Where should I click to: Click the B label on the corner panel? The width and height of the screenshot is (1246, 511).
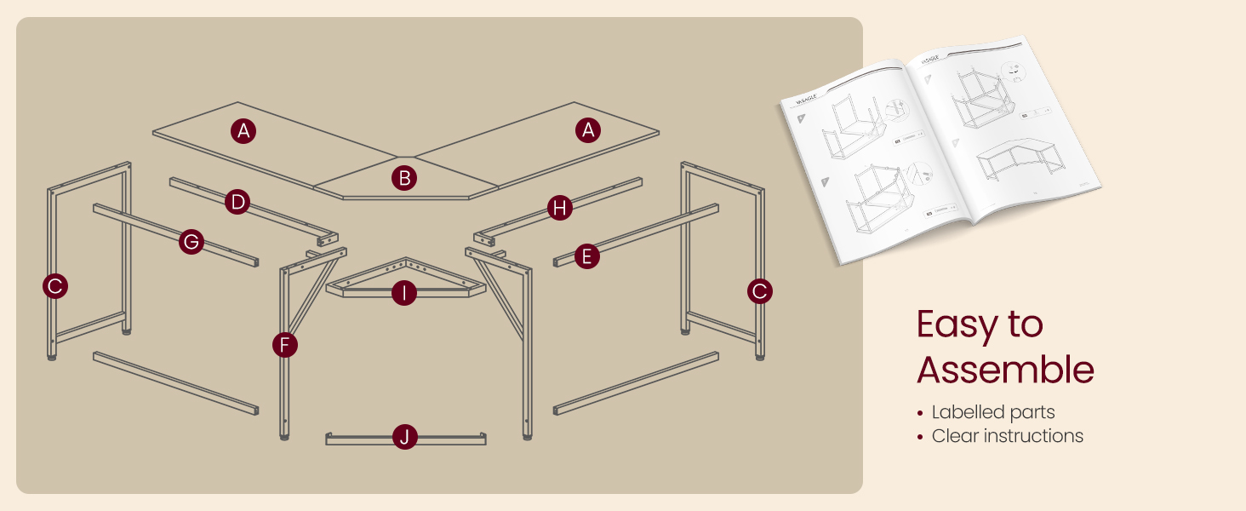(x=404, y=178)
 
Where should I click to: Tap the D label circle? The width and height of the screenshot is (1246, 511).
(x=238, y=202)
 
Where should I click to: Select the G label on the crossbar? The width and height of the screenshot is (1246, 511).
(x=191, y=242)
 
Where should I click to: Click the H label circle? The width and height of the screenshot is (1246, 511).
(x=559, y=208)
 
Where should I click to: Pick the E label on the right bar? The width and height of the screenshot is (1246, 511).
(x=586, y=255)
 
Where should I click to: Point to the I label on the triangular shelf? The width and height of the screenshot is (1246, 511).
(x=404, y=294)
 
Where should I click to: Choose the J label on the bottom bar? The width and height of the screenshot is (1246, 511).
(x=405, y=438)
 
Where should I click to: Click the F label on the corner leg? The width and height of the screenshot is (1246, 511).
(x=285, y=345)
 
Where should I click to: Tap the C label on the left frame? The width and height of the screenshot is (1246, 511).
(x=55, y=286)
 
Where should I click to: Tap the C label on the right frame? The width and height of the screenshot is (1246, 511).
(x=759, y=291)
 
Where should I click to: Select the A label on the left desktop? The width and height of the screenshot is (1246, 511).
(x=243, y=130)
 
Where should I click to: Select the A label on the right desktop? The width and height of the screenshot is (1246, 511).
(x=586, y=130)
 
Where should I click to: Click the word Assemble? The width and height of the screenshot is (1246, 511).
(x=1005, y=370)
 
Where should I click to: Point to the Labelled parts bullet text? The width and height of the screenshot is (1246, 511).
(x=992, y=412)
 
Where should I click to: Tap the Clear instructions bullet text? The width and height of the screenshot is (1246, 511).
(x=1007, y=436)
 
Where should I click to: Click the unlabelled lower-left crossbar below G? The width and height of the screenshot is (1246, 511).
(x=174, y=382)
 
